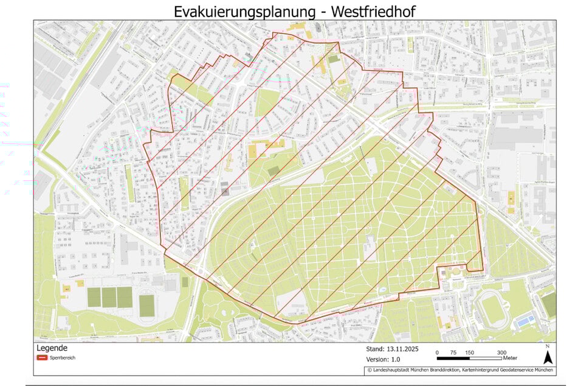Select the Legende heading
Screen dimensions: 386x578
(x=52, y=348)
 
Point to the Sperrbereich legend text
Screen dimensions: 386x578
(x=63, y=358)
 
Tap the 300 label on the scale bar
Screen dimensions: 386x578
(x=502, y=353)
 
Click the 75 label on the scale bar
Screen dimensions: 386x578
(x=453, y=353)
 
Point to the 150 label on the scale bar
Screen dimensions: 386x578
(x=470, y=353)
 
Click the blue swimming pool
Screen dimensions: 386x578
(x=524, y=320)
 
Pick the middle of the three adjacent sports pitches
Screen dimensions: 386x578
(x=109, y=298)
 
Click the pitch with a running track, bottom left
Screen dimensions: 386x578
(x=147, y=305)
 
